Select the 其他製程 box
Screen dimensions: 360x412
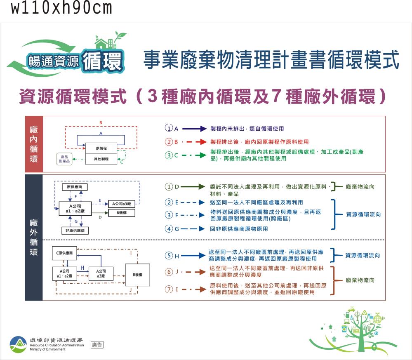(101, 159)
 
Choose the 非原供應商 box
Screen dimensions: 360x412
(75, 230)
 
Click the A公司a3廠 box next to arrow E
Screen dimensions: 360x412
(121, 204)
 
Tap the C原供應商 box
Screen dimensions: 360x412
(64, 253)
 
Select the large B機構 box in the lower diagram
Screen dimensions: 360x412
(137, 274)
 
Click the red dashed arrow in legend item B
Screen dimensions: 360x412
(194, 142)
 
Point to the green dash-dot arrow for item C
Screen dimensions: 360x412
(194, 155)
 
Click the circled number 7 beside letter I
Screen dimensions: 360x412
(169, 289)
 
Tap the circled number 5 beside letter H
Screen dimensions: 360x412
(169, 256)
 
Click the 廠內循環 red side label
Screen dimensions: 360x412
(34, 144)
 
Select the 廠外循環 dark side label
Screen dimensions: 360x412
(34, 237)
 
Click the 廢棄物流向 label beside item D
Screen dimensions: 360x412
(360, 187)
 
